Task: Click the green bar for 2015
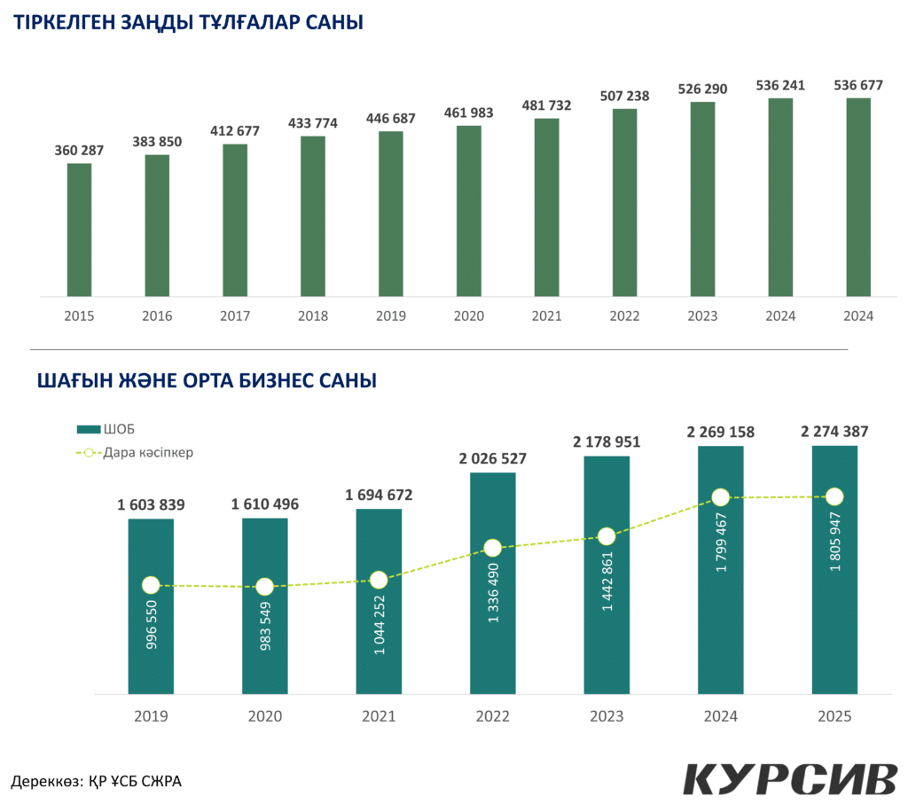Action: click(x=79, y=230)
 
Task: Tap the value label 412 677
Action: click(x=235, y=131)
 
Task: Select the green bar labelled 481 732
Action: click(x=547, y=207)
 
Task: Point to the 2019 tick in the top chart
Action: click(x=391, y=316)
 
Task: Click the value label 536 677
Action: click(x=858, y=85)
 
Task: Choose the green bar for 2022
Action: click(x=625, y=202)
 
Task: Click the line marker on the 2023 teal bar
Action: click(x=607, y=536)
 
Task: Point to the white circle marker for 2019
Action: click(x=151, y=585)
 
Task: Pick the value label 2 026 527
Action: click(x=493, y=459)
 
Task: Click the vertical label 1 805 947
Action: click(x=834, y=541)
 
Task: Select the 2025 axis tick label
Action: click(x=834, y=716)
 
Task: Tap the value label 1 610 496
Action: click(x=265, y=504)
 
